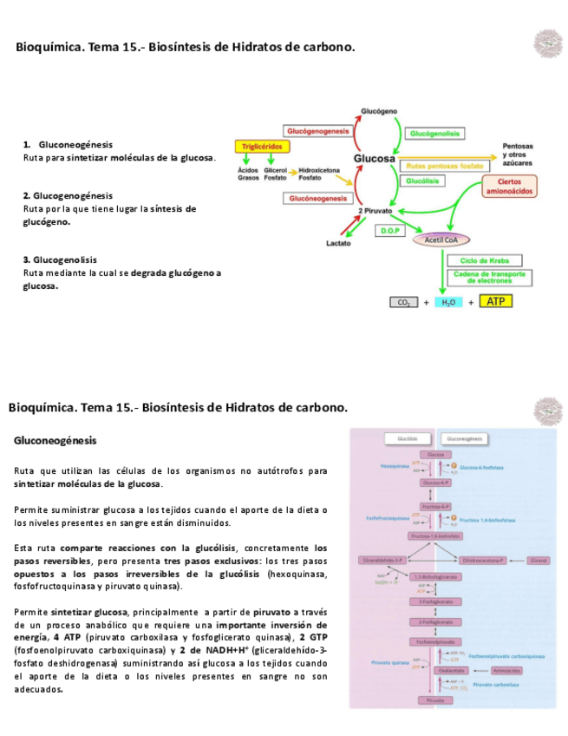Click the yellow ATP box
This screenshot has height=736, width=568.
(495, 301)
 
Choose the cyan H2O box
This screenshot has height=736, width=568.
(448, 302)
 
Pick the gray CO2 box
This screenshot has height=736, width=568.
(403, 302)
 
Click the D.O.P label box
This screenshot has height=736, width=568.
(388, 231)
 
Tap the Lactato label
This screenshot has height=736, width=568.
(338, 243)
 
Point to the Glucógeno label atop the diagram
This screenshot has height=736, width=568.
(378, 111)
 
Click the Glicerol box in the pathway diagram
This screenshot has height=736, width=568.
(539, 561)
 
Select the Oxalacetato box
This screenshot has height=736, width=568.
(451, 670)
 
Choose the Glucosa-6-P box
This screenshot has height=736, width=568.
(435, 482)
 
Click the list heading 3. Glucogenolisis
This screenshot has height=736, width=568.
(60, 260)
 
